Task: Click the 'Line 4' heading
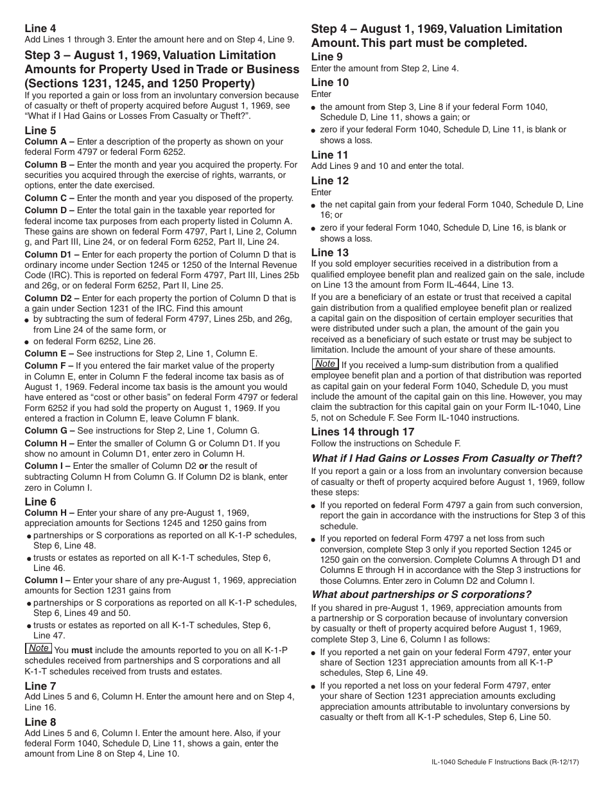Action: [40, 28]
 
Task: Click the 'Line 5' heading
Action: [40, 130]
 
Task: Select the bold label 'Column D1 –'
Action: [52, 254]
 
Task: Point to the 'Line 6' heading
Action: [40, 502]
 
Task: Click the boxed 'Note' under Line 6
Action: [39, 648]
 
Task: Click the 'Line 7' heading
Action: [40, 686]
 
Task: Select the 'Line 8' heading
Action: [40, 722]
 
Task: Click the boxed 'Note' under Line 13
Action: [326, 364]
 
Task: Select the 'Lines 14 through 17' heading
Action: [363, 432]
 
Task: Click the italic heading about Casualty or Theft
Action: [446, 458]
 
